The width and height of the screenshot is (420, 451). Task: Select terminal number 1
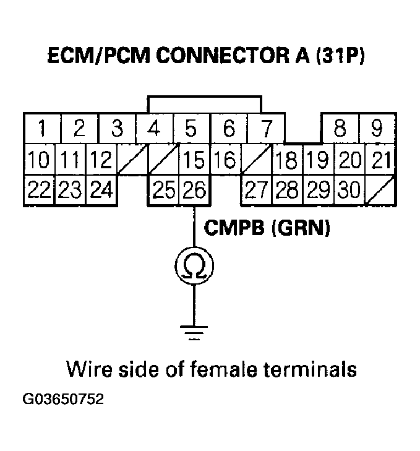pos(41,129)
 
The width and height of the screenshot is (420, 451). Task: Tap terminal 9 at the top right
pos(377,129)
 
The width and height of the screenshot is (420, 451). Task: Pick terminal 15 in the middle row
pos(194,161)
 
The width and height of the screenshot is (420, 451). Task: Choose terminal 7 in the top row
pos(267,129)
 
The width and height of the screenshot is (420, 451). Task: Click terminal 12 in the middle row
pos(100,161)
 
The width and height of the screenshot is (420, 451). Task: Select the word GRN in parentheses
pos(301,228)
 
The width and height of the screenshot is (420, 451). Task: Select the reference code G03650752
pos(64,399)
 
